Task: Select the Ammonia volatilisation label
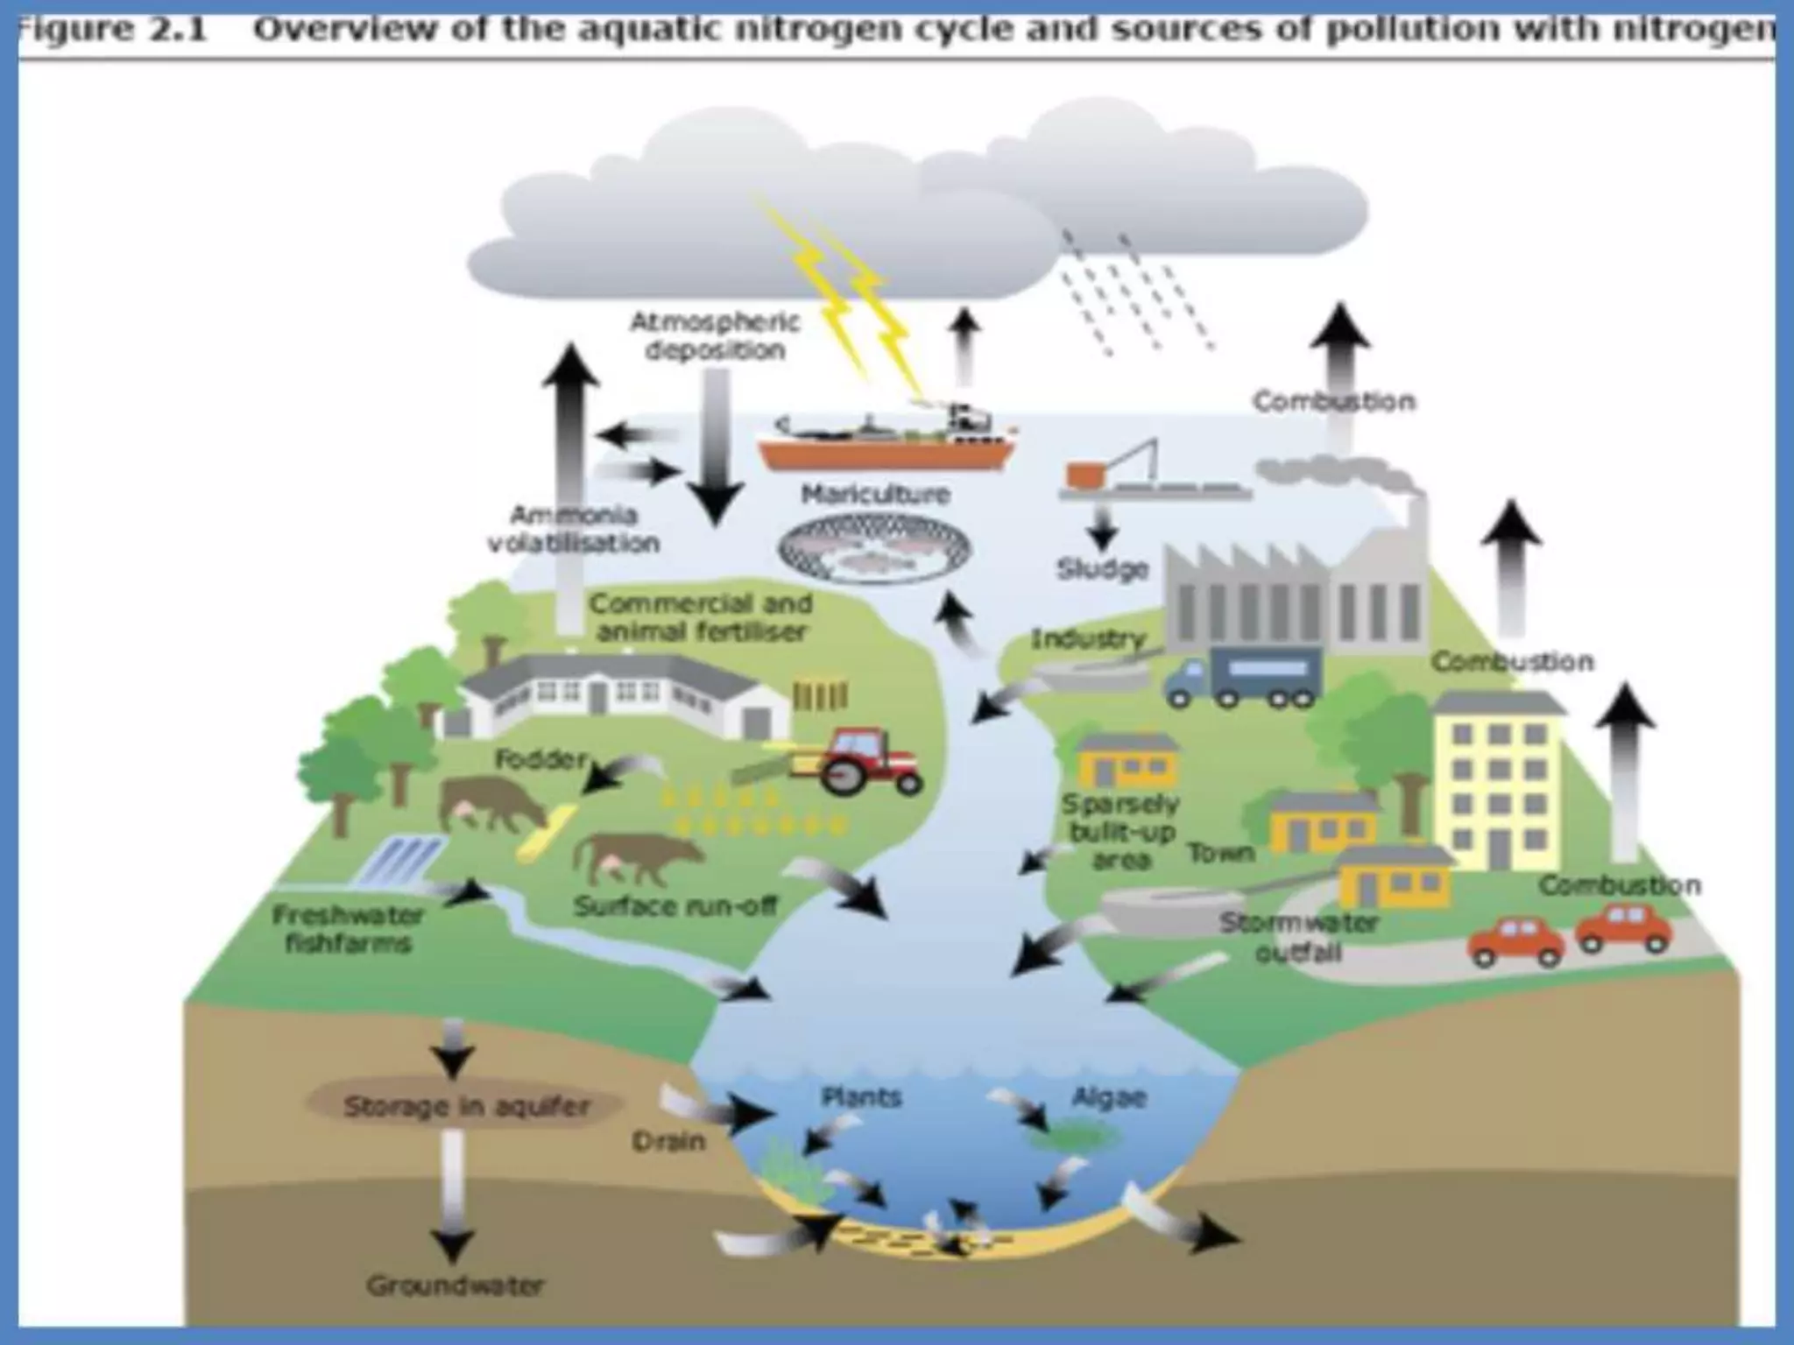(574, 529)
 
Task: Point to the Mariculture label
(876, 495)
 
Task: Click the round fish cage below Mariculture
(874, 550)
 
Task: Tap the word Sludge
(1102, 569)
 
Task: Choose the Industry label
(1088, 639)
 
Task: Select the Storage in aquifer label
(466, 1107)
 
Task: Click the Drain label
(668, 1142)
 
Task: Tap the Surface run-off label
(675, 906)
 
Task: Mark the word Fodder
(540, 759)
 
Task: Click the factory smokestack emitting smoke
(1412, 525)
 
